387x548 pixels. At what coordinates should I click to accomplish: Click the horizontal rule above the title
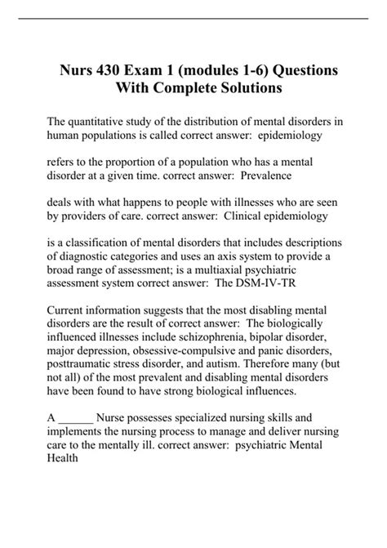[x=193, y=20]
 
